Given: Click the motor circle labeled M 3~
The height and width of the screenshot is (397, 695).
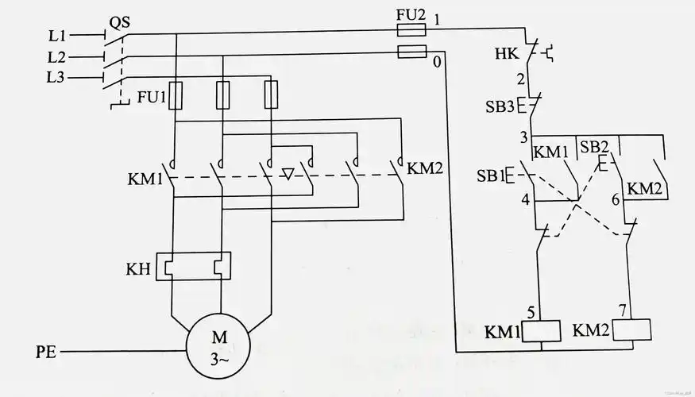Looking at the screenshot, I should click(x=218, y=348).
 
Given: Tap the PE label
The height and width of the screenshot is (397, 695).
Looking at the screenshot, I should click(x=47, y=350).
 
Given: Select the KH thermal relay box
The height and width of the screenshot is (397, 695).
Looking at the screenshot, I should click(x=195, y=267).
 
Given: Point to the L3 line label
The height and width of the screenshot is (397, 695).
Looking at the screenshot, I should click(x=56, y=77).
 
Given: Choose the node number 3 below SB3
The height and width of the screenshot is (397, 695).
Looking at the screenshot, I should click(x=523, y=137).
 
